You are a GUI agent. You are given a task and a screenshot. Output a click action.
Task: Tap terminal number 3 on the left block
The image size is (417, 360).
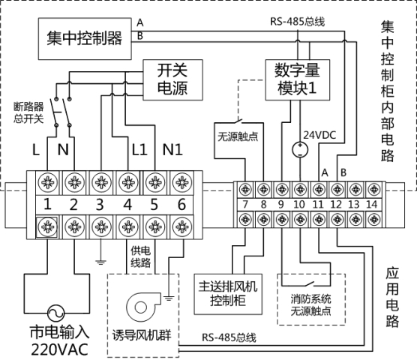[100, 205]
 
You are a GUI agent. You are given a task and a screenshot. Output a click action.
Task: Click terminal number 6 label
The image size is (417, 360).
[181, 205]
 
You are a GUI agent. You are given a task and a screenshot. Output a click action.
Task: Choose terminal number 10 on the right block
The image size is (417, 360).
[299, 205]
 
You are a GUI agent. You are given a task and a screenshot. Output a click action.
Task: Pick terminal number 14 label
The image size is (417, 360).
[372, 205]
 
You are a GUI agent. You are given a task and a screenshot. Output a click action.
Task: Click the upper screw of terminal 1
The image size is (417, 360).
[47, 182]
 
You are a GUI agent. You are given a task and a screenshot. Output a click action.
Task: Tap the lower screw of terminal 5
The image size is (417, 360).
[155, 226]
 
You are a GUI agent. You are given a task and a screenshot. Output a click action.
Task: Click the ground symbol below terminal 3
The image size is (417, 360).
[100, 262]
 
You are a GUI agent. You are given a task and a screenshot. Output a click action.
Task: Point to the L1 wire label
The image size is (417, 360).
[139, 149]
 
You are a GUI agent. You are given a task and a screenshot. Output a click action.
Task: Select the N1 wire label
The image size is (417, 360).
[172, 149]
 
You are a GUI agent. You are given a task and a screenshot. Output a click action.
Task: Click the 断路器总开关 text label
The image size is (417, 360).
[28, 112]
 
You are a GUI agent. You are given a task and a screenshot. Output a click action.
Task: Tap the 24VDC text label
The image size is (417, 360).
[319, 135]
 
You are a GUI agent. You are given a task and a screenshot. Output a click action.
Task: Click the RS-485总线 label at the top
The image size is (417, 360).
[297, 22]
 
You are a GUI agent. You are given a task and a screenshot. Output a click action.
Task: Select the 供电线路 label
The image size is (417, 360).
[141, 256]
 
